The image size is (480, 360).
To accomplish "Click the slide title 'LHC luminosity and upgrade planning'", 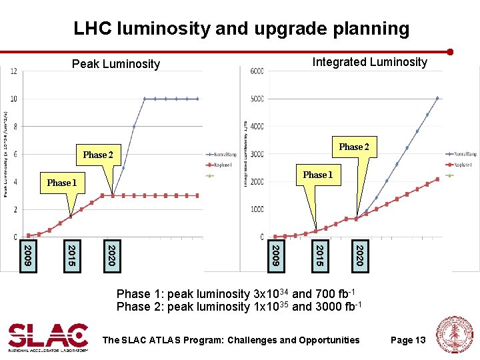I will pos(241,29).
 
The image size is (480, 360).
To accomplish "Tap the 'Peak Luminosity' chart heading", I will pos(116,64).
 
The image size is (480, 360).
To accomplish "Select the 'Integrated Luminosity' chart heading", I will pos(369,62).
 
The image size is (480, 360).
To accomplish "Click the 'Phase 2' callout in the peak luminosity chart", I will pos(98,155).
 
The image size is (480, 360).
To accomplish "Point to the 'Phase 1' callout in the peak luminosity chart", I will pos(61,183).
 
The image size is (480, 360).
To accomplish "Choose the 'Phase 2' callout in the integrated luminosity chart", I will pos(353,147).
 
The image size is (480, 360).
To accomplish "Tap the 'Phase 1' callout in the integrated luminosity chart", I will pos(317,175).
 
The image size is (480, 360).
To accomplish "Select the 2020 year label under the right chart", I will pos(359,256).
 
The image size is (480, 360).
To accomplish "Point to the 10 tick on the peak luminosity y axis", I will pos(13,99).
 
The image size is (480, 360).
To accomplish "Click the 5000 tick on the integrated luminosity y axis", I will pos(256,99).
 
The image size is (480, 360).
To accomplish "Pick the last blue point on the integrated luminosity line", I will pos(437,98).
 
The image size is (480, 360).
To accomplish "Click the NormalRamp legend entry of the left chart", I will pos(223,153).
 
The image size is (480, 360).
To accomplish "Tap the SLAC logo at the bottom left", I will pos(48,337).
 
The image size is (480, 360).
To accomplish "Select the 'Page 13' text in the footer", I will pos(407,340).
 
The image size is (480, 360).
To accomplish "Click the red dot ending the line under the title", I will pos(451,52).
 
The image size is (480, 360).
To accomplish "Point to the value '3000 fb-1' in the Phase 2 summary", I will pos(337,306).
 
